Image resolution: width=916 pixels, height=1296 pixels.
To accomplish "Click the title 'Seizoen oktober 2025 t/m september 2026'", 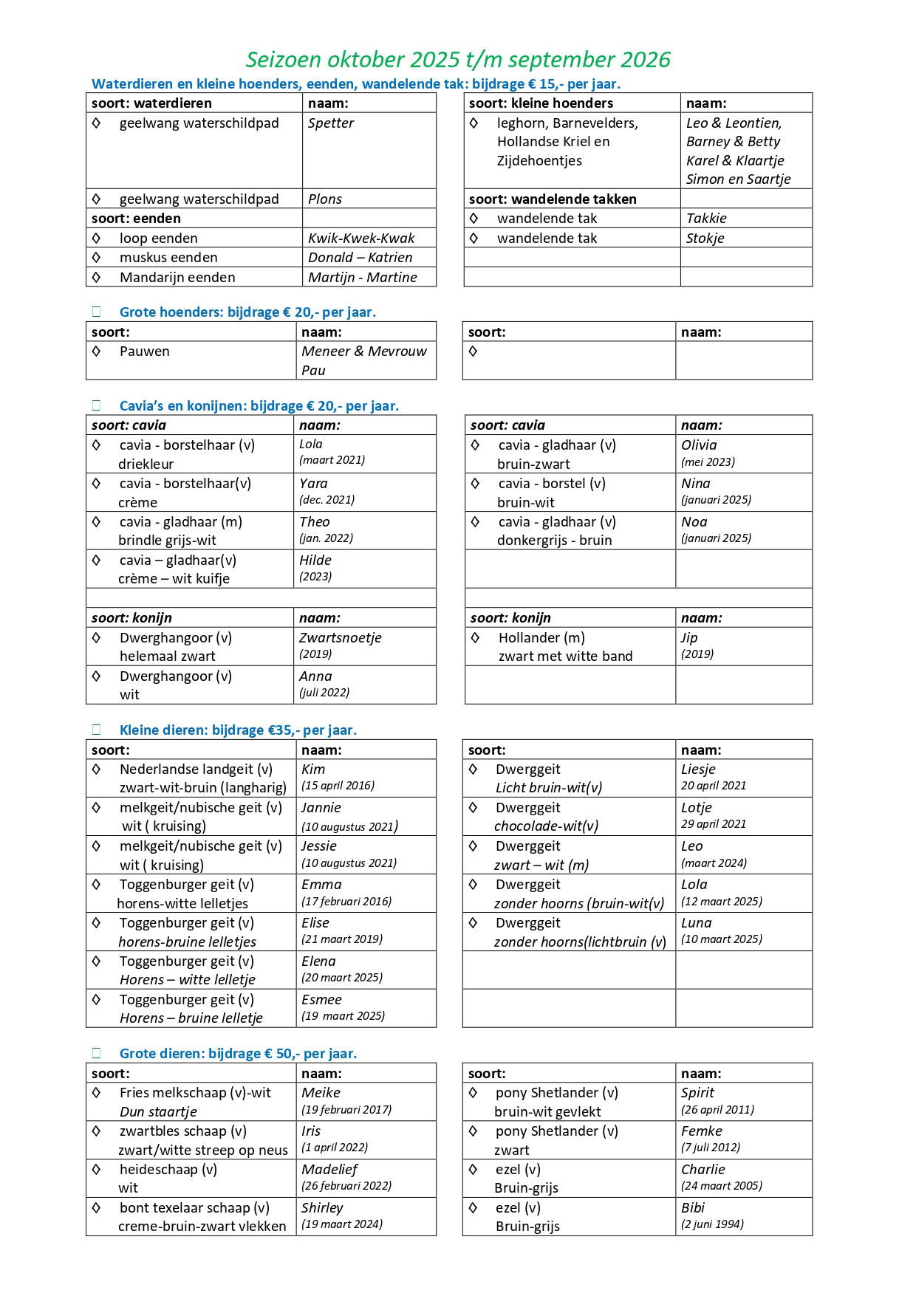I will click(x=458, y=59).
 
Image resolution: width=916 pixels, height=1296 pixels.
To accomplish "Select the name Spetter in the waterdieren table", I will click(x=331, y=123).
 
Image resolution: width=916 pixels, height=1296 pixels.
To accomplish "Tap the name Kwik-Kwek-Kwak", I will click(x=361, y=239).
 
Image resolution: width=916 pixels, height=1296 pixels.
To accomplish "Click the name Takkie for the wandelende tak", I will click(x=706, y=219).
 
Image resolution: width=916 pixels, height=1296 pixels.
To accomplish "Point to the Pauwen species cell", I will click(x=145, y=352).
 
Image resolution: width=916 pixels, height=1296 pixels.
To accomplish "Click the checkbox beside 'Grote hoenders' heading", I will click(x=97, y=312).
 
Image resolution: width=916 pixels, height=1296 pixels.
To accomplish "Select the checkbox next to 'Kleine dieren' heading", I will click(x=97, y=730).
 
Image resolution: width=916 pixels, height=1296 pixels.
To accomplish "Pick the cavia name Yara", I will click(x=313, y=484).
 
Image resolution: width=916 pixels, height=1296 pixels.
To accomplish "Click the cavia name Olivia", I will click(x=699, y=445).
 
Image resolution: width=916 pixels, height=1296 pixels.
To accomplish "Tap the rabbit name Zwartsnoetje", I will click(x=340, y=638).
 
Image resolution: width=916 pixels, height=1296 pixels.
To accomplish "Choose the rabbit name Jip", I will click(x=689, y=638).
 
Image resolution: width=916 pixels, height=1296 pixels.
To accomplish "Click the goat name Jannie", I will click(x=321, y=808).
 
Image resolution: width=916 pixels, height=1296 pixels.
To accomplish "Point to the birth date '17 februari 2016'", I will click(x=346, y=902).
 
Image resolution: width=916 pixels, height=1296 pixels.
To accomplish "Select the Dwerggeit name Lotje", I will click(x=697, y=808).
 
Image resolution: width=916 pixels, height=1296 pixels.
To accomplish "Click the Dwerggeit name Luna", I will click(x=697, y=923).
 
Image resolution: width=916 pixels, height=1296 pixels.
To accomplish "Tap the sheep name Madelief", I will click(x=329, y=1170).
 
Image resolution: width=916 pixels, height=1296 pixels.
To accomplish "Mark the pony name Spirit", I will click(x=698, y=1093).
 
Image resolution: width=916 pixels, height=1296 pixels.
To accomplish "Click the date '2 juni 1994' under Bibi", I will click(x=712, y=1224).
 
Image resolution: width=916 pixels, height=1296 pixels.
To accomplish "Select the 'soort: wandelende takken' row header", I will click(x=553, y=199).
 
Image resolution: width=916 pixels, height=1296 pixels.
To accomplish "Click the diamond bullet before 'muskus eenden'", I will click(x=96, y=257).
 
